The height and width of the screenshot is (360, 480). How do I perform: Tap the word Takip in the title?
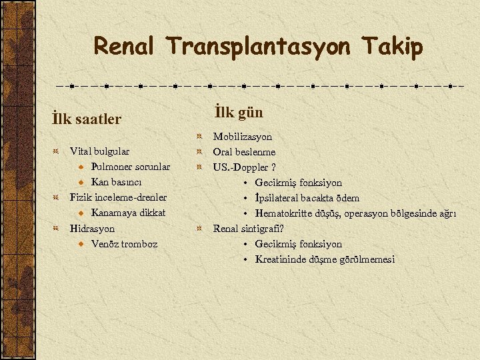coord(393,47)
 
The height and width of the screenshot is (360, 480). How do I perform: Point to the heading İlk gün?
coord(239,112)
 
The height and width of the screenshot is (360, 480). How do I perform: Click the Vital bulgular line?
coord(100,151)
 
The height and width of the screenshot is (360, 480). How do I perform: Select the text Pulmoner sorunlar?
coord(131,167)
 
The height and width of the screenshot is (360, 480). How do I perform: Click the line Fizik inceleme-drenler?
coord(119,197)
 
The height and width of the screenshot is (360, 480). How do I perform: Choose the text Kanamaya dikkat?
coord(128,213)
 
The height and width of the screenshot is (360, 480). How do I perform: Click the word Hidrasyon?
coord(92,228)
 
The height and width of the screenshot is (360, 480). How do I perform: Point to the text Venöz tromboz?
coord(124,243)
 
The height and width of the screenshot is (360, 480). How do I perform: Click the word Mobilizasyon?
coord(243,137)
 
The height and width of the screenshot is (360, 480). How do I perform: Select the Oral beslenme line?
coord(244,152)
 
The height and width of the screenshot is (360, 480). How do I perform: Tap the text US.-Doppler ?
coord(244,167)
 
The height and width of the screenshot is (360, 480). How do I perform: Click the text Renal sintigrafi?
coord(249,228)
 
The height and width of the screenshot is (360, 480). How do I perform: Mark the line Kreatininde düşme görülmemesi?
coord(325,259)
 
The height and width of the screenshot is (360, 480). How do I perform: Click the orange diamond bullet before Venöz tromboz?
coord(80,244)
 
